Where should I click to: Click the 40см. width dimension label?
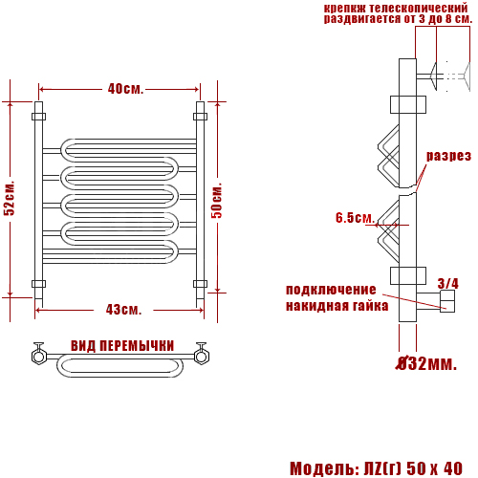(x=125, y=89)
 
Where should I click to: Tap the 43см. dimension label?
(x=123, y=310)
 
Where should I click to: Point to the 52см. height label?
(x=10, y=199)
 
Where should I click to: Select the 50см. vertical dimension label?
(x=217, y=201)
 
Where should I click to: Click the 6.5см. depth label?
(x=355, y=218)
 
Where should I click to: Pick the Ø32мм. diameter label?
(x=426, y=363)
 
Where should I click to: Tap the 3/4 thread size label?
(x=448, y=283)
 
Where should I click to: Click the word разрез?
(x=448, y=156)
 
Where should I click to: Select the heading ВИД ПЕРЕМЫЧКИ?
(x=122, y=346)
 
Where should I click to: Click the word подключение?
(x=331, y=290)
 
